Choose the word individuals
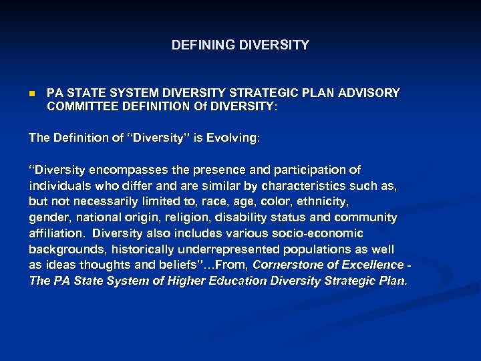click(59, 186)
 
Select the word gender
click(49, 217)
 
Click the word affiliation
click(57, 233)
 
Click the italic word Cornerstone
click(288, 265)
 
